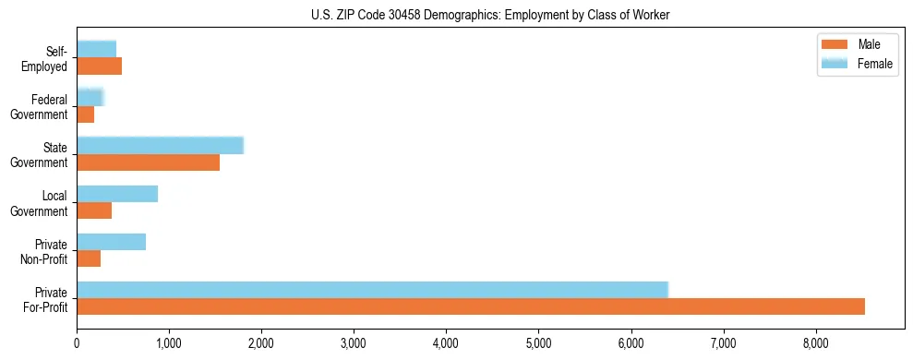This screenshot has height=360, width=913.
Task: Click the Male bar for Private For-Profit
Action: [471, 306]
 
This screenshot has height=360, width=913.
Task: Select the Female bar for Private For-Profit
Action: [372, 290]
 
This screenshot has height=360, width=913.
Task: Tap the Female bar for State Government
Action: [160, 145]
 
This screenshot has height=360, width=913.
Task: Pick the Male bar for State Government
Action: [148, 162]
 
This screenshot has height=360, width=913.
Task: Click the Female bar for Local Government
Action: [117, 194]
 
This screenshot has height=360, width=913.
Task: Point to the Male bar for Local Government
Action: [94, 210]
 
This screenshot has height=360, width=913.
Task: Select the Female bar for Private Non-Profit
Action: [111, 242]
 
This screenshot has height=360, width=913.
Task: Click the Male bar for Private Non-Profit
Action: [89, 258]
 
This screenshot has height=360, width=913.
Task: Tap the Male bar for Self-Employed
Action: [99, 66]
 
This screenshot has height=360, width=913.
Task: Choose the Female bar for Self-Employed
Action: [96, 49]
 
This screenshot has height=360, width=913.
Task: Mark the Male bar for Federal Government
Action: [85, 114]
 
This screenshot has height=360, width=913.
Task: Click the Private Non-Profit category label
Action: [46, 251]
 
